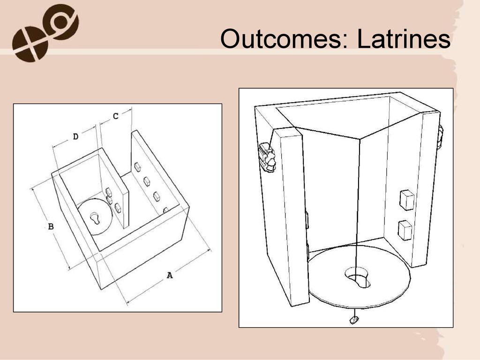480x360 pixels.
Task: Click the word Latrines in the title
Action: pos(404,39)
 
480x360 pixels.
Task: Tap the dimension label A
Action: pos(170,275)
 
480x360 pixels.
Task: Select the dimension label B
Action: pos(51,226)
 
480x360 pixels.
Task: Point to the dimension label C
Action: pos(115,116)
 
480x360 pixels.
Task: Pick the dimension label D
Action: pos(75,136)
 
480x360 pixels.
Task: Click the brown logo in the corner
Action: pos(45,33)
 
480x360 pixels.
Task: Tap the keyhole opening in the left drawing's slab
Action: pos(95,217)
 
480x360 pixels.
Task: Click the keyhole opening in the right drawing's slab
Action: pos(358,277)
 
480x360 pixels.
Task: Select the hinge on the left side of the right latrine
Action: pos(266,157)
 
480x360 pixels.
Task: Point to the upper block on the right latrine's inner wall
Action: pos(407,200)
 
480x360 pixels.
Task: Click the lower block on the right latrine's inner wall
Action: pos(405,230)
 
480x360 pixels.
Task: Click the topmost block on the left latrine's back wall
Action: pos(137,167)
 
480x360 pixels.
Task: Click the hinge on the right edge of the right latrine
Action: pos(440,137)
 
